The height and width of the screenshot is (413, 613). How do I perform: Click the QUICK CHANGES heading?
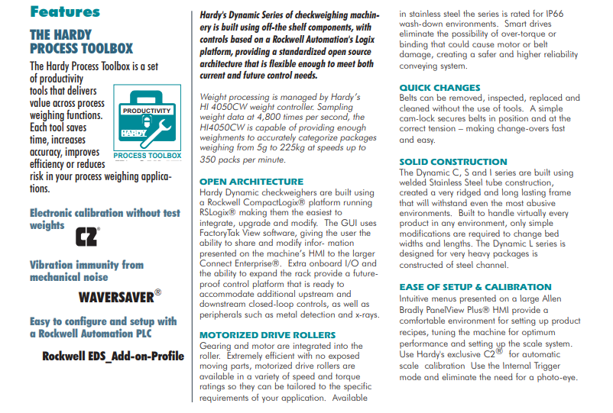pos(439,88)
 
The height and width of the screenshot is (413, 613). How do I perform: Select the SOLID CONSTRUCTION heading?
pos(452,162)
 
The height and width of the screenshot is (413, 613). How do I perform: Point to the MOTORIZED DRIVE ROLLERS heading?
pos(267,335)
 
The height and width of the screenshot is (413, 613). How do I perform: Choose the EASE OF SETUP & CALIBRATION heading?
pos(475,287)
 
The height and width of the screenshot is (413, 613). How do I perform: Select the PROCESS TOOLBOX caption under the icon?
pos(147,156)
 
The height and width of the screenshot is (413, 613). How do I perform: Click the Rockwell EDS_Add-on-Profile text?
pos(113,357)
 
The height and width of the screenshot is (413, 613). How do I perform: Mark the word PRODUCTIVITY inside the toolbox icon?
pos(147,110)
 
